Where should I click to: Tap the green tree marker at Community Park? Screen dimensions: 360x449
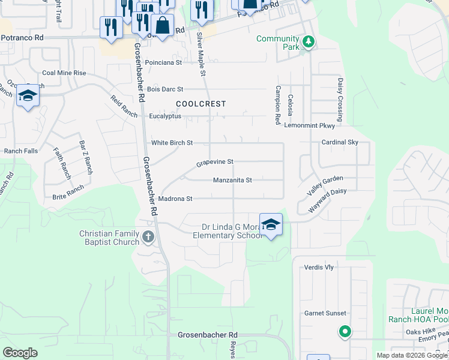tap(309, 41)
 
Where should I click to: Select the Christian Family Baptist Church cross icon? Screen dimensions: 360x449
tap(148, 238)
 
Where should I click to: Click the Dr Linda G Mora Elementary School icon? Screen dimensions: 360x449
tap(271, 224)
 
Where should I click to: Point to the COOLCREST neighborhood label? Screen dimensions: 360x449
tap(201, 104)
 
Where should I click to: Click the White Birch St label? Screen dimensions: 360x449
tap(172, 143)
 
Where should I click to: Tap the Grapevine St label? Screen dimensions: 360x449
tap(215, 162)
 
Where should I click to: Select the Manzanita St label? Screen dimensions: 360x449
tap(232, 180)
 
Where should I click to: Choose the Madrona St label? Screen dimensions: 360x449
tap(175, 199)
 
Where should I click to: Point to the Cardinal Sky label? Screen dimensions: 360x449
tap(340, 142)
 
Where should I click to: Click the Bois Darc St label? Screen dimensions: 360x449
tap(165, 89)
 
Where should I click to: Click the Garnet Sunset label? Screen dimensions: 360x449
tap(325, 313)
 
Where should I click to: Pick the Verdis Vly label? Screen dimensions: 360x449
tap(319, 267)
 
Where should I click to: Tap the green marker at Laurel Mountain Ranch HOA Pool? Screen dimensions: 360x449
tap(345, 331)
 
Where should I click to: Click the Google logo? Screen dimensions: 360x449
tap(20, 353)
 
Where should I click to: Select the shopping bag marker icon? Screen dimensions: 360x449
tap(162, 26)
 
